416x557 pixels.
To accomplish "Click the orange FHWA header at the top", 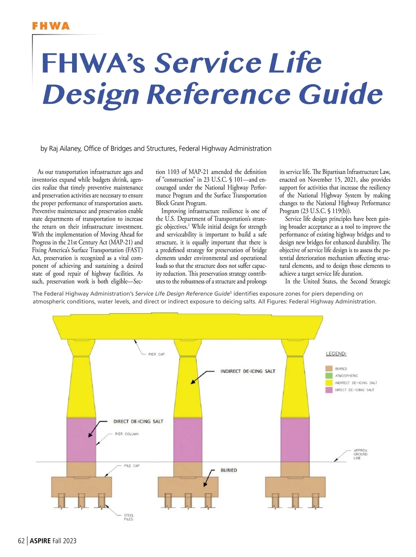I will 51,26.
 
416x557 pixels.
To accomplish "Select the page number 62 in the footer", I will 21,541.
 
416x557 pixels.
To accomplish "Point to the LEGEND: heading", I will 336,354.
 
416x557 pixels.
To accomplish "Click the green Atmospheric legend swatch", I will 329,376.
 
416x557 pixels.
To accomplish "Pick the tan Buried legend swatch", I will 329,369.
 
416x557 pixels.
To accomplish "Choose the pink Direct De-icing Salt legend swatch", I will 329,390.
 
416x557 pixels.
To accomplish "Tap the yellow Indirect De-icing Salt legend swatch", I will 329,383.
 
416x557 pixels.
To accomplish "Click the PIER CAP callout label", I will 156,354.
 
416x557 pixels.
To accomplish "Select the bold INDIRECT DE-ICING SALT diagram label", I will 248,371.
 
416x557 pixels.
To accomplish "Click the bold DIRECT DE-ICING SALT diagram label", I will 138,421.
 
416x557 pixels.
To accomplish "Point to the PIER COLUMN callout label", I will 127,434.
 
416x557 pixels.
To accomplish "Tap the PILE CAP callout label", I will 132,466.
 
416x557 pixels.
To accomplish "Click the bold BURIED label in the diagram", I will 229,470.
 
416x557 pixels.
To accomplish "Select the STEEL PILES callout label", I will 129,517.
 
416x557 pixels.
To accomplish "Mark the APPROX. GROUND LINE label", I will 361,454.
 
